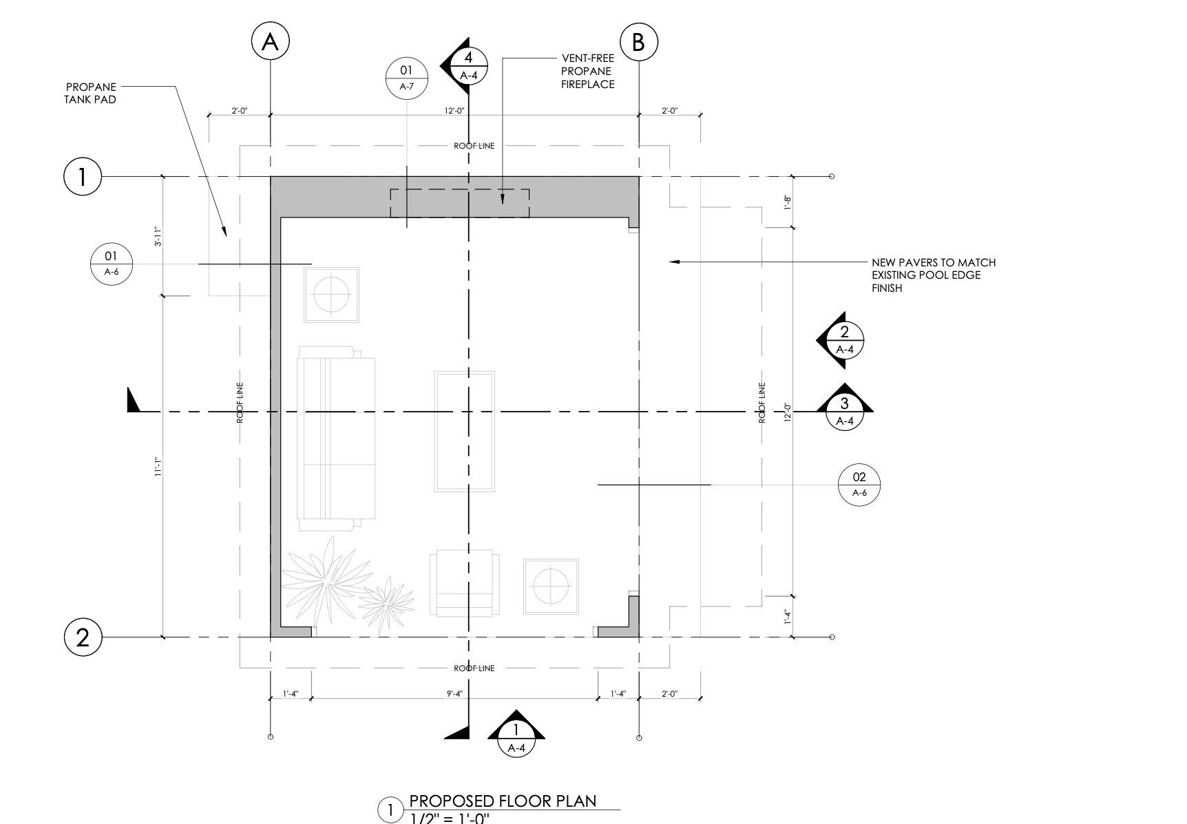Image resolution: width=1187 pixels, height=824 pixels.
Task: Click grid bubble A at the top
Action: pyautogui.click(x=270, y=42)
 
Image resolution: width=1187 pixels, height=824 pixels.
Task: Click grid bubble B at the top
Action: pyautogui.click(x=638, y=42)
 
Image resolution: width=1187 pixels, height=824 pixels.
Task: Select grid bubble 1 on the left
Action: pyautogui.click(x=83, y=177)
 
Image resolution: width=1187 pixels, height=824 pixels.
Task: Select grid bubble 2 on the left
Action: pyautogui.click(x=83, y=637)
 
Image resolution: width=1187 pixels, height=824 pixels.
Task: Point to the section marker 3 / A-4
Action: pyautogui.click(x=845, y=408)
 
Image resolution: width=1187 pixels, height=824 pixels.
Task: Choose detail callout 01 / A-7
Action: pyautogui.click(x=406, y=78)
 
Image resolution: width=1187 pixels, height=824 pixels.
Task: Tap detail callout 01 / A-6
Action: pyautogui.click(x=111, y=264)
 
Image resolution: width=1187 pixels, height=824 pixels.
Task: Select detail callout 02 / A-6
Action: pyautogui.click(x=859, y=485)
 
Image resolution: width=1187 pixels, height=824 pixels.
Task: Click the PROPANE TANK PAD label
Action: pyautogui.click(x=91, y=93)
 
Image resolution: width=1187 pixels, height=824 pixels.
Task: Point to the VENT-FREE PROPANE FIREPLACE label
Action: pyautogui.click(x=588, y=72)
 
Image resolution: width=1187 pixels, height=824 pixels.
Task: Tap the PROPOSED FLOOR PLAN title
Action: pyautogui.click(x=503, y=801)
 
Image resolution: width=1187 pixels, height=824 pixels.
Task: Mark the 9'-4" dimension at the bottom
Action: pyautogui.click(x=454, y=694)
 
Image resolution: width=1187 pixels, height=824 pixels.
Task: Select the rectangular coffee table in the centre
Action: pyautogui.click(x=464, y=432)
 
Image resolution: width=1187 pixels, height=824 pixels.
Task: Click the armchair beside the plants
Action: pyautogui.click(x=464, y=582)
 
